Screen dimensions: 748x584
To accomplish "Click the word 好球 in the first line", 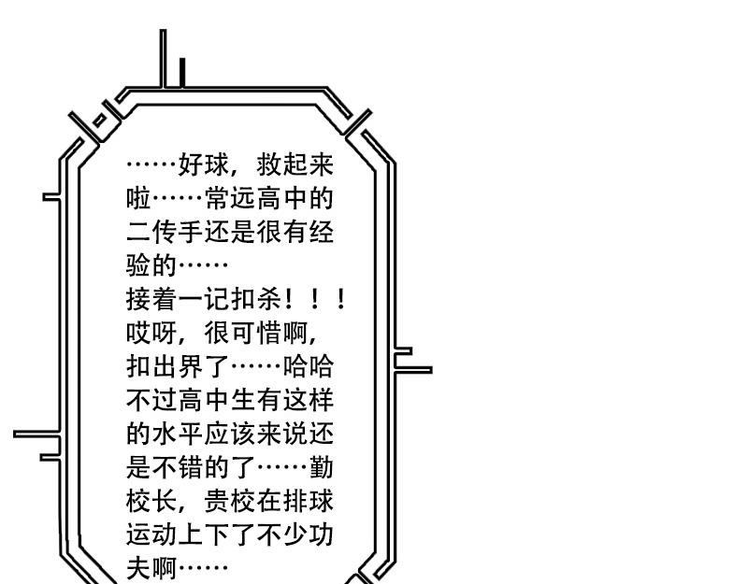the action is tap(204, 165).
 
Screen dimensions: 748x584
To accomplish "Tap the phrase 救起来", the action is tap(295, 165).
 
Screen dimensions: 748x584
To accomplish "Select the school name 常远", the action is tap(230, 199).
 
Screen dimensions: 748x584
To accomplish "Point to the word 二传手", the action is tap(165, 232).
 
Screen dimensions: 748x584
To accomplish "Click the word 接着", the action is tap(151, 299).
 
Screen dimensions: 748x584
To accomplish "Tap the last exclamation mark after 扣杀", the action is tap(340, 299).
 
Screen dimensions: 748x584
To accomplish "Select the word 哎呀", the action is tap(151, 333).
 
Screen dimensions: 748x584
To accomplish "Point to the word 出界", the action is tap(178, 366).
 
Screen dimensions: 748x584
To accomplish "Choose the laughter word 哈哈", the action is tap(308, 366).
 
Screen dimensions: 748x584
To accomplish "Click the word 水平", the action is tap(178, 434).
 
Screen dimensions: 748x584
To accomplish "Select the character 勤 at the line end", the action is tap(321, 467).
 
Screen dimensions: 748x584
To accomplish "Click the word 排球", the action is tap(308, 501).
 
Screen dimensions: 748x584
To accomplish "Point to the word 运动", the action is tap(151, 534).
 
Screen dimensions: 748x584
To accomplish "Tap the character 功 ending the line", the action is tap(321, 534).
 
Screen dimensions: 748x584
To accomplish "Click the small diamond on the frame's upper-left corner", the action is tap(100, 121).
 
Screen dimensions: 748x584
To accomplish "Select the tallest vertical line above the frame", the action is tap(163, 59).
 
